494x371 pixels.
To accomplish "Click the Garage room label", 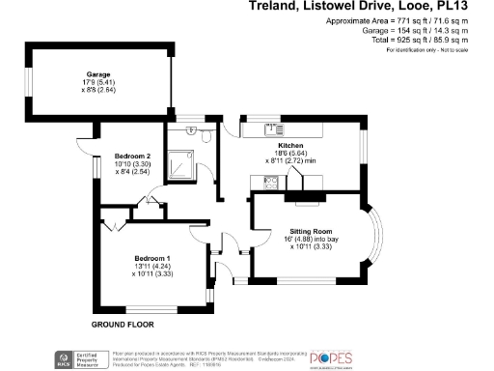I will point(97,74).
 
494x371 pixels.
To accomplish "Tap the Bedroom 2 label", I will point(133,156).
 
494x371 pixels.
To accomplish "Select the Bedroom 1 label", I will point(151,258).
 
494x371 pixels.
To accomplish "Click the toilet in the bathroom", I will point(207,138).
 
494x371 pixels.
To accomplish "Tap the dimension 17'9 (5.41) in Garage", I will point(97,82).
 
